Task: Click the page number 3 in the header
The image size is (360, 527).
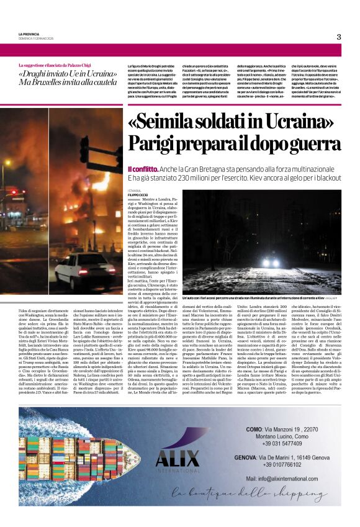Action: coord(339,37)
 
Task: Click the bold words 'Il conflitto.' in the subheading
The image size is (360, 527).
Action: coord(142,169)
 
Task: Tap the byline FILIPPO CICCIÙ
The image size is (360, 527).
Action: coord(137,195)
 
